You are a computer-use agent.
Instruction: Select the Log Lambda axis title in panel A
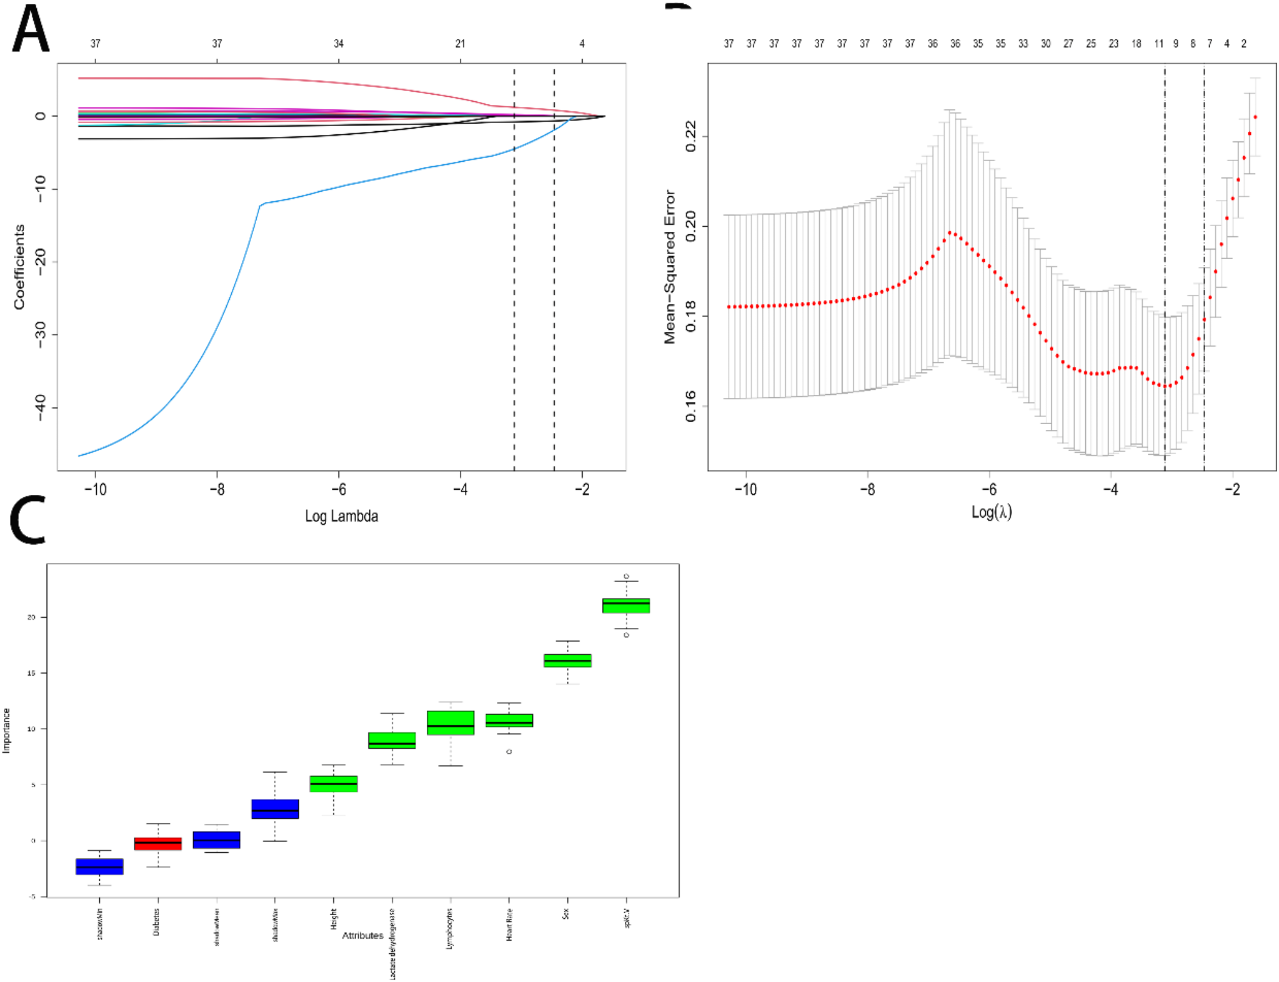[341, 516]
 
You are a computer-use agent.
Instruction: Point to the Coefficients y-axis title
[19, 267]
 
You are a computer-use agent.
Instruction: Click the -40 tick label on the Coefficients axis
[39, 408]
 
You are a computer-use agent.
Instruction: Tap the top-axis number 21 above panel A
[460, 43]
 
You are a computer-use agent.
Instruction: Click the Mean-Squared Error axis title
[669, 267]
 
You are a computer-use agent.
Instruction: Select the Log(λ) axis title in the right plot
[991, 512]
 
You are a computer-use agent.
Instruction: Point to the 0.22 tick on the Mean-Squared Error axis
[691, 136]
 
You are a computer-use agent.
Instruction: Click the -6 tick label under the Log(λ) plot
[989, 489]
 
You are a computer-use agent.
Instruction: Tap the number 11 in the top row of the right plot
[1159, 43]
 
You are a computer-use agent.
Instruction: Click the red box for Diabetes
[158, 843]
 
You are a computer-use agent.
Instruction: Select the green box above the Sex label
[568, 660]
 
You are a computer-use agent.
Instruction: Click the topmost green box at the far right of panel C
[626, 605]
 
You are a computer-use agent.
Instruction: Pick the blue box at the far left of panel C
[99, 866]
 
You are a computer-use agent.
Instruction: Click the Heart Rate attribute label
[509, 925]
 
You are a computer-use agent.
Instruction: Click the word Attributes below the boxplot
[362, 935]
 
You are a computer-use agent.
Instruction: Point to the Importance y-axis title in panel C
[6, 730]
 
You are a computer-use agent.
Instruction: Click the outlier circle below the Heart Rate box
[509, 751]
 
